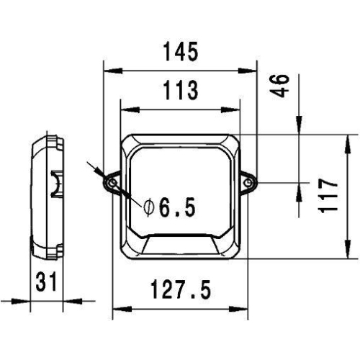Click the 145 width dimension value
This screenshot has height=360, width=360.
(179, 52)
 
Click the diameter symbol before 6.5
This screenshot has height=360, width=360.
(148, 209)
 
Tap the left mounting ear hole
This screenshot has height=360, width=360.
(112, 184)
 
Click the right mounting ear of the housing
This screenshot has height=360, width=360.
(249, 184)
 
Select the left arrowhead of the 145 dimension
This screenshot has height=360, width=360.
(109, 71)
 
